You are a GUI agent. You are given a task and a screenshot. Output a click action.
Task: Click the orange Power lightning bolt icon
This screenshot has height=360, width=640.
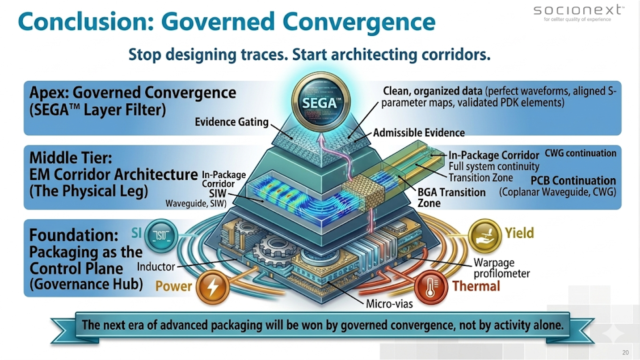point(210,286)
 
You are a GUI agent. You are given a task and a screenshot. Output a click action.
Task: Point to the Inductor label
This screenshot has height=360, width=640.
point(156,267)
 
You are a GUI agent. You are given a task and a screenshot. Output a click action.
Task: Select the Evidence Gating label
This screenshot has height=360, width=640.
point(232,121)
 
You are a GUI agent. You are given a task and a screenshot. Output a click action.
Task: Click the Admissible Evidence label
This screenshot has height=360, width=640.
point(419,133)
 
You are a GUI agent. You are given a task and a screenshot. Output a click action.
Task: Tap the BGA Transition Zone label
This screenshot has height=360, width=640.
point(451,197)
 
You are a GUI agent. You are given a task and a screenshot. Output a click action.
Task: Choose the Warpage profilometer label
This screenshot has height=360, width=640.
point(501,268)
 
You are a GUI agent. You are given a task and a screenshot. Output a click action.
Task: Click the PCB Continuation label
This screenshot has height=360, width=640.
point(573,181)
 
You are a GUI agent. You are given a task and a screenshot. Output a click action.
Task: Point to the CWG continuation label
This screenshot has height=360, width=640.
point(580,153)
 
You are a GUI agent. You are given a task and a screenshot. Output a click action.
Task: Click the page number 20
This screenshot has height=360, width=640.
point(625,352)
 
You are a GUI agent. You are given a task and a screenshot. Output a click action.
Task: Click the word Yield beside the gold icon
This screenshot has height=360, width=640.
point(519,233)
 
